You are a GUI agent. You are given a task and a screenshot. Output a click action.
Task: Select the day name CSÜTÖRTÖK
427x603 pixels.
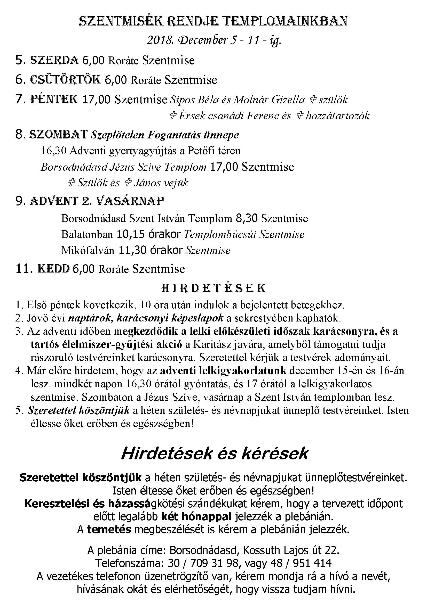[x=65, y=80]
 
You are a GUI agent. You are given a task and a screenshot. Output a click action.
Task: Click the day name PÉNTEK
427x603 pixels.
[x=54, y=99]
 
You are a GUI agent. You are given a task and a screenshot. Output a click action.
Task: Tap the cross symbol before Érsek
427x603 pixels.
[x=173, y=116]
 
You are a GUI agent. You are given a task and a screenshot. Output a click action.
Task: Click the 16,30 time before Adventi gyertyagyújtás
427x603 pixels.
[x=54, y=151]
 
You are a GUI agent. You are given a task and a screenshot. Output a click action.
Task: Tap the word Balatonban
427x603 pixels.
[x=87, y=234]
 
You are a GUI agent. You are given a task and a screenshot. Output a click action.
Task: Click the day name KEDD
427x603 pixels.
[x=54, y=269]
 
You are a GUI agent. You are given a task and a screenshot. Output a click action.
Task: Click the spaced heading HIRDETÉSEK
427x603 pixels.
[x=213, y=288]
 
